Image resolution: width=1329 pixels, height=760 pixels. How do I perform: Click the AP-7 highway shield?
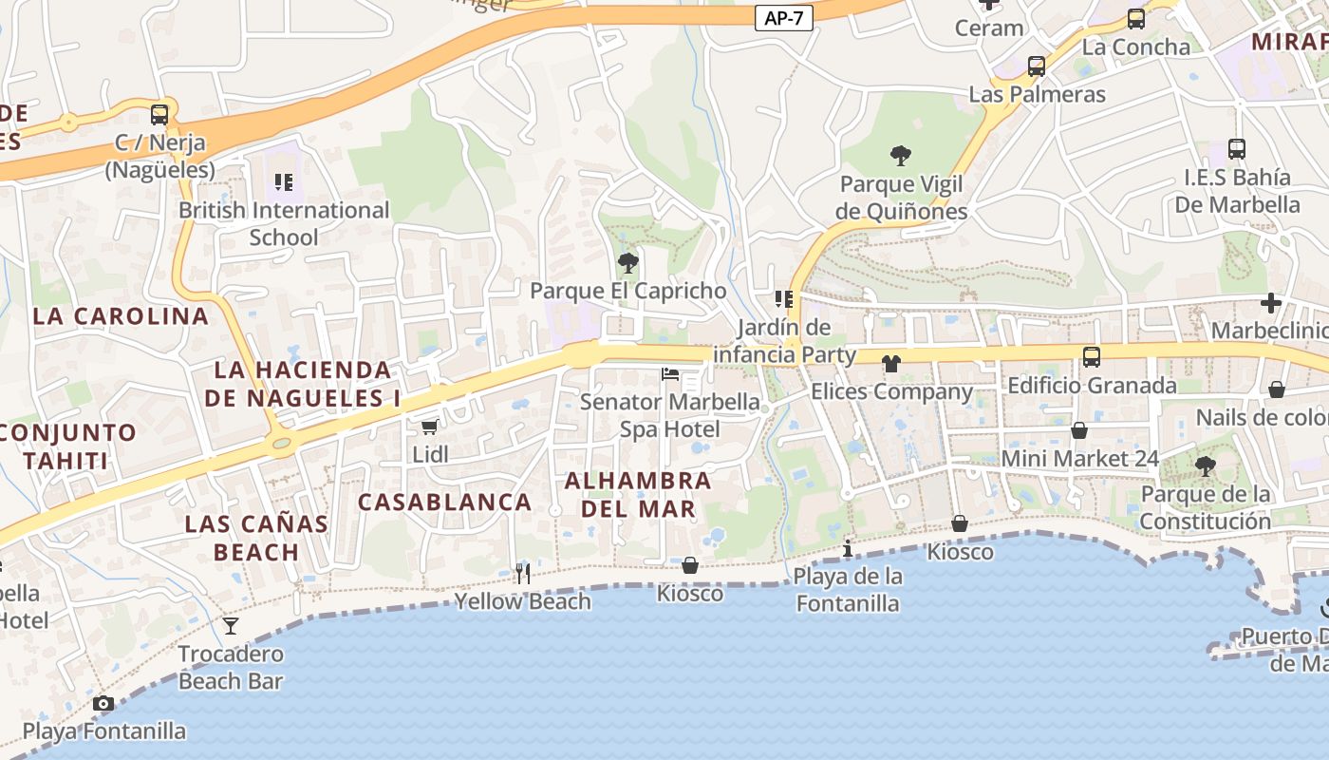click(784, 18)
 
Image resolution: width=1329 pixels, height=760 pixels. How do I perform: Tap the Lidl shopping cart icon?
click(429, 427)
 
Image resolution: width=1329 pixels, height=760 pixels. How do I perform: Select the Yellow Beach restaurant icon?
click(522, 573)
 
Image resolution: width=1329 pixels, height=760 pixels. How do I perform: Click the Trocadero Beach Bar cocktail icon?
click(230, 625)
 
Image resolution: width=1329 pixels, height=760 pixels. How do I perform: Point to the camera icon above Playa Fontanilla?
click(103, 704)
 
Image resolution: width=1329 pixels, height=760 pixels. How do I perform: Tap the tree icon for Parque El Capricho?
click(627, 263)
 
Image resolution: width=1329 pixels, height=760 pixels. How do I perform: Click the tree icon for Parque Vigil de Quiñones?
click(900, 156)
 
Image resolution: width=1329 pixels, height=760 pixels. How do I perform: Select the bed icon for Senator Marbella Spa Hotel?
click(670, 374)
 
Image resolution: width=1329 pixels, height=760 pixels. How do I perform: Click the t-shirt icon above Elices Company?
click(890, 363)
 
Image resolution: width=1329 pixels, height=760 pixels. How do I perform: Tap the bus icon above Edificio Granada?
click(1092, 357)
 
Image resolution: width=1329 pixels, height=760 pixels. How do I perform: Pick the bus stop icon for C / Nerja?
click(159, 115)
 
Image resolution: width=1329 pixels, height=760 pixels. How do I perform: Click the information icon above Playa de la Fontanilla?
click(848, 548)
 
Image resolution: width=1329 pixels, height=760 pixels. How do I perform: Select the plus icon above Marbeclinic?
click(1270, 303)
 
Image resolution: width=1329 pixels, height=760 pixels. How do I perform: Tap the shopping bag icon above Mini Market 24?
click(1079, 430)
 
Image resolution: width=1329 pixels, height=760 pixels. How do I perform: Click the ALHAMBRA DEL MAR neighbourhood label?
click(638, 495)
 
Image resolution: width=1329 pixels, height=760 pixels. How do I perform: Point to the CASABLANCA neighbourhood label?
click(444, 502)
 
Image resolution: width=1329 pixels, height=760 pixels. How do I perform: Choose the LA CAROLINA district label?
click(121, 316)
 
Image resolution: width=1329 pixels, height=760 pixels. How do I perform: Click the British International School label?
click(284, 223)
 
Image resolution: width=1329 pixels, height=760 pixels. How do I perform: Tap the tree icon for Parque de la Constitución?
click(1205, 466)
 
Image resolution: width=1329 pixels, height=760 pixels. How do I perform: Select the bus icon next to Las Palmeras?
click(1037, 66)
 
